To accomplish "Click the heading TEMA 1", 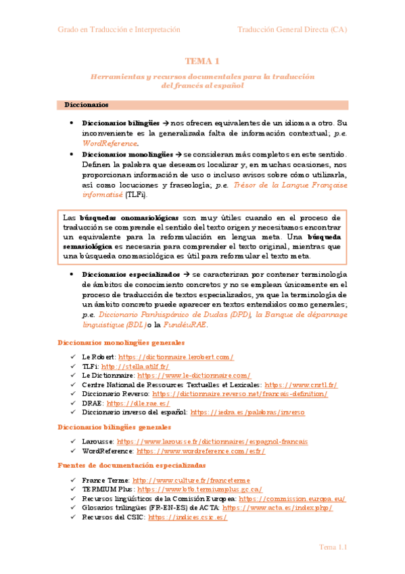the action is (202, 61).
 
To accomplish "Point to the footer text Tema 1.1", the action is (333, 548).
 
